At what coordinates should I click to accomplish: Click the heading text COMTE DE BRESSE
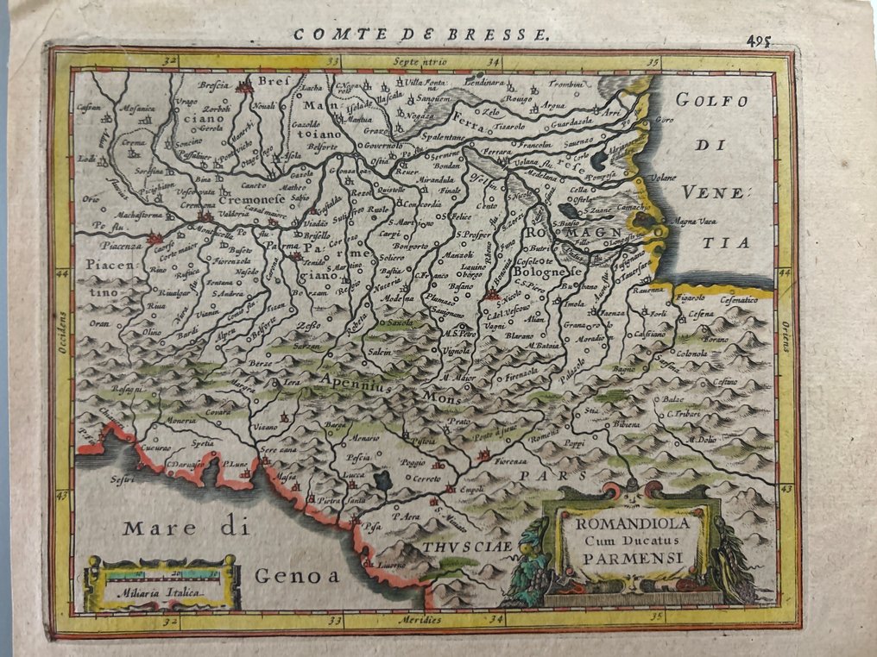coord(421,35)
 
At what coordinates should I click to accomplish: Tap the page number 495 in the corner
coord(760,41)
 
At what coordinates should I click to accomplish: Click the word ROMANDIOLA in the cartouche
coord(615,523)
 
